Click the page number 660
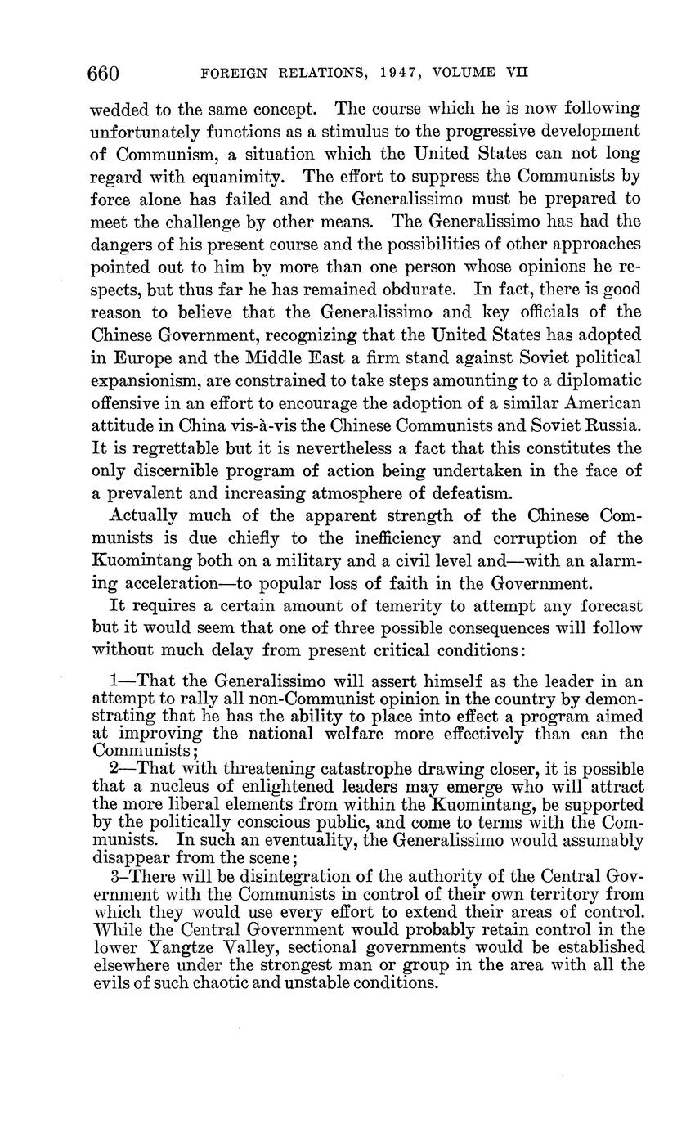[x=104, y=73]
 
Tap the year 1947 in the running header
[x=403, y=73]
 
